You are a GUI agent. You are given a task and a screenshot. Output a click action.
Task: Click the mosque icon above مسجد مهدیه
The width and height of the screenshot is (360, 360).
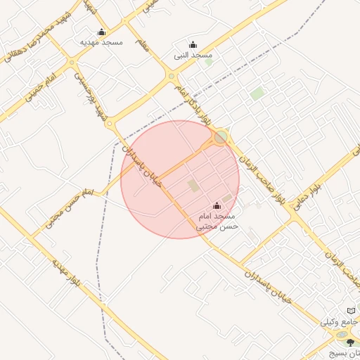[101, 32]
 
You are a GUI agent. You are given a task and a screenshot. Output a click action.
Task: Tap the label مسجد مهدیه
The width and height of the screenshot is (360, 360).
[101, 42]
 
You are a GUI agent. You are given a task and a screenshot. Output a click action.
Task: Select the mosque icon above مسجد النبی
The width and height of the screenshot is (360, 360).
[193, 45]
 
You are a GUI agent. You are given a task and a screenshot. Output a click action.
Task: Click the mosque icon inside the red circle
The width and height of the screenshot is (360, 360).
[217, 206]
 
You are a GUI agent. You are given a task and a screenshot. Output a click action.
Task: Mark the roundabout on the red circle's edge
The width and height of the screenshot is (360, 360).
[221, 136]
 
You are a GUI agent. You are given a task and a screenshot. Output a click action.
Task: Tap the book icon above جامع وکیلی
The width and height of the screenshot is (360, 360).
[352, 311]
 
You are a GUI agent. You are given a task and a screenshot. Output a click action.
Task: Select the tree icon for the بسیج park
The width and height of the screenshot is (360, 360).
[351, 342]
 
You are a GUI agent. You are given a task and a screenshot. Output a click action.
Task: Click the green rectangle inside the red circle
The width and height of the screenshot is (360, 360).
[193, 186]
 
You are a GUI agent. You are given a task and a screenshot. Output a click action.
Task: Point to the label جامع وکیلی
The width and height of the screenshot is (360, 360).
[339, 322]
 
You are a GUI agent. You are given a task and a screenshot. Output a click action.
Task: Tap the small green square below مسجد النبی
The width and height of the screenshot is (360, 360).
[208, 62]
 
